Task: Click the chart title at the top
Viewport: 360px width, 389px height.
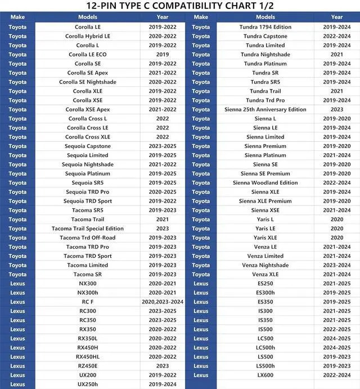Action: tap(180, 6)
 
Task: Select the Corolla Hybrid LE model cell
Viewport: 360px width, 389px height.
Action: tap(87, 36)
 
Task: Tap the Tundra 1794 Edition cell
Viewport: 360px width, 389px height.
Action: tap(265, 27)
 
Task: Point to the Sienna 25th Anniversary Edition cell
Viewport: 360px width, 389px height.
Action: tap(265, 110)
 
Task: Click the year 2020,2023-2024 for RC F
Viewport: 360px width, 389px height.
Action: tap(162, 302)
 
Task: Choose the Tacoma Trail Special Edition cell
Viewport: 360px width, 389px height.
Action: tap(87, 229)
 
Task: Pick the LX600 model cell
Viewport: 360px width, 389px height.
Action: tap(265, 375)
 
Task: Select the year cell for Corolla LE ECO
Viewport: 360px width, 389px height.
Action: tap(162, 55)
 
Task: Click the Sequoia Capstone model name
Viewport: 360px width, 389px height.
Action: tap(87, 146)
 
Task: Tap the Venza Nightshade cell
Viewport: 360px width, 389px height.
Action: tap(265, 265)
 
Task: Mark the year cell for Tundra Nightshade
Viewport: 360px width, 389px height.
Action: tap(336, 55)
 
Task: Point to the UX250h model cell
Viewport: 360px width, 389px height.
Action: tap(87, 384)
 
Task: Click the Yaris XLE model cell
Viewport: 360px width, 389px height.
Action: tap(265, 238)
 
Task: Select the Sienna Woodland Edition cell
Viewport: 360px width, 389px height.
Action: tap(265, 183)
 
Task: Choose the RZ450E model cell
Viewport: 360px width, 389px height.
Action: tap(87, 366)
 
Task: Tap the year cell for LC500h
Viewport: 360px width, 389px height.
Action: tap(336, 347)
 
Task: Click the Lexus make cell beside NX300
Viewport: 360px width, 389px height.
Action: tap(17, 284)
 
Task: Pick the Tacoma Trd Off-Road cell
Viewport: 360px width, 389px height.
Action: tap(87, 238)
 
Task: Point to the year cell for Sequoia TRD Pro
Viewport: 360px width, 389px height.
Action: tap(162, 192)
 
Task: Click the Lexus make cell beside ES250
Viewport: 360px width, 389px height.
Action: tap(201, 284)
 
